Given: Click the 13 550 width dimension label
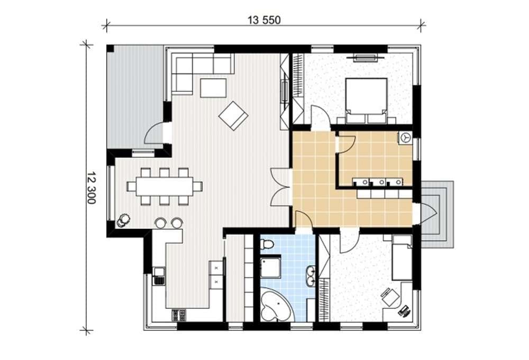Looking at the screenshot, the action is pyautogui.click(x=264, y=20).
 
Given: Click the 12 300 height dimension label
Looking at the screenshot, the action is pyautogui.click(x=91, y=188).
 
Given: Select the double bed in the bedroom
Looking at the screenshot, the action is pyautogui.click(x=366, y=100).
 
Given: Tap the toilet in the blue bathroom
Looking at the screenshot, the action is pyautogui.click(x=268, y=244).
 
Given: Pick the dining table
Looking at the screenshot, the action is pyautogui.click(x=165, y=186).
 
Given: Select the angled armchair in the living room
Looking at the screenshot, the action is pyautogui.click(x=233, y=116).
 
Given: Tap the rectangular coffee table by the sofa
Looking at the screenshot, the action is pyautogui.click(x=213, y=88).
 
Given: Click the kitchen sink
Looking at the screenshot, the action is pyautogui.click(x=159, y=275).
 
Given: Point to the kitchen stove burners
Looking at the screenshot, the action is pyautogui.click(x=179, y=315).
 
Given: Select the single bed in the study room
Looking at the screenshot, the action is pyautogui.click(x=402, y=258).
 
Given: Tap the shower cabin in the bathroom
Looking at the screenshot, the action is pyautogui.click(x=270, y=268).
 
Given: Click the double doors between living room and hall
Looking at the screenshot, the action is pyautogui.click(x=281, y=187).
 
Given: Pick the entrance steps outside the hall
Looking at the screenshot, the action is pyautogui.click(x=437, y=215).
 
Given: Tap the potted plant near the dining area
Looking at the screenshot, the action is pyautogui.click(x=123, y=220).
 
